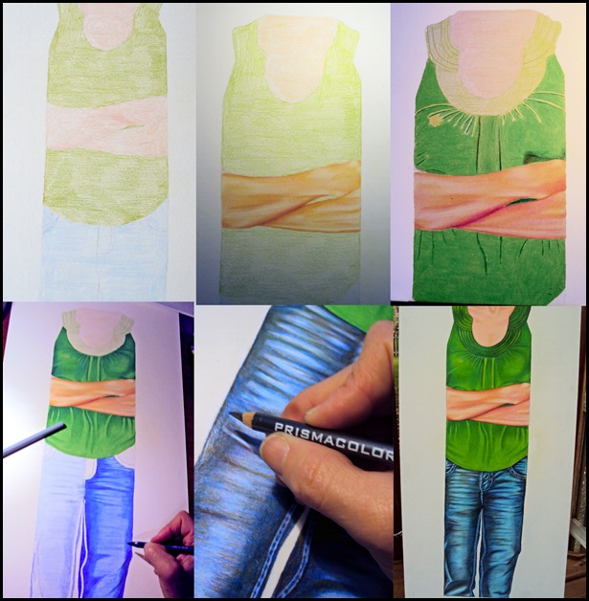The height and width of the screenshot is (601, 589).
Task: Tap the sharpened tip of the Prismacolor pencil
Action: (231, 413)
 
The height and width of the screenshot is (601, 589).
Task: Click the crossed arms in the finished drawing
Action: (487, 407)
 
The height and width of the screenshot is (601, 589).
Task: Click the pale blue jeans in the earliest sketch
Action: (104, 253)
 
